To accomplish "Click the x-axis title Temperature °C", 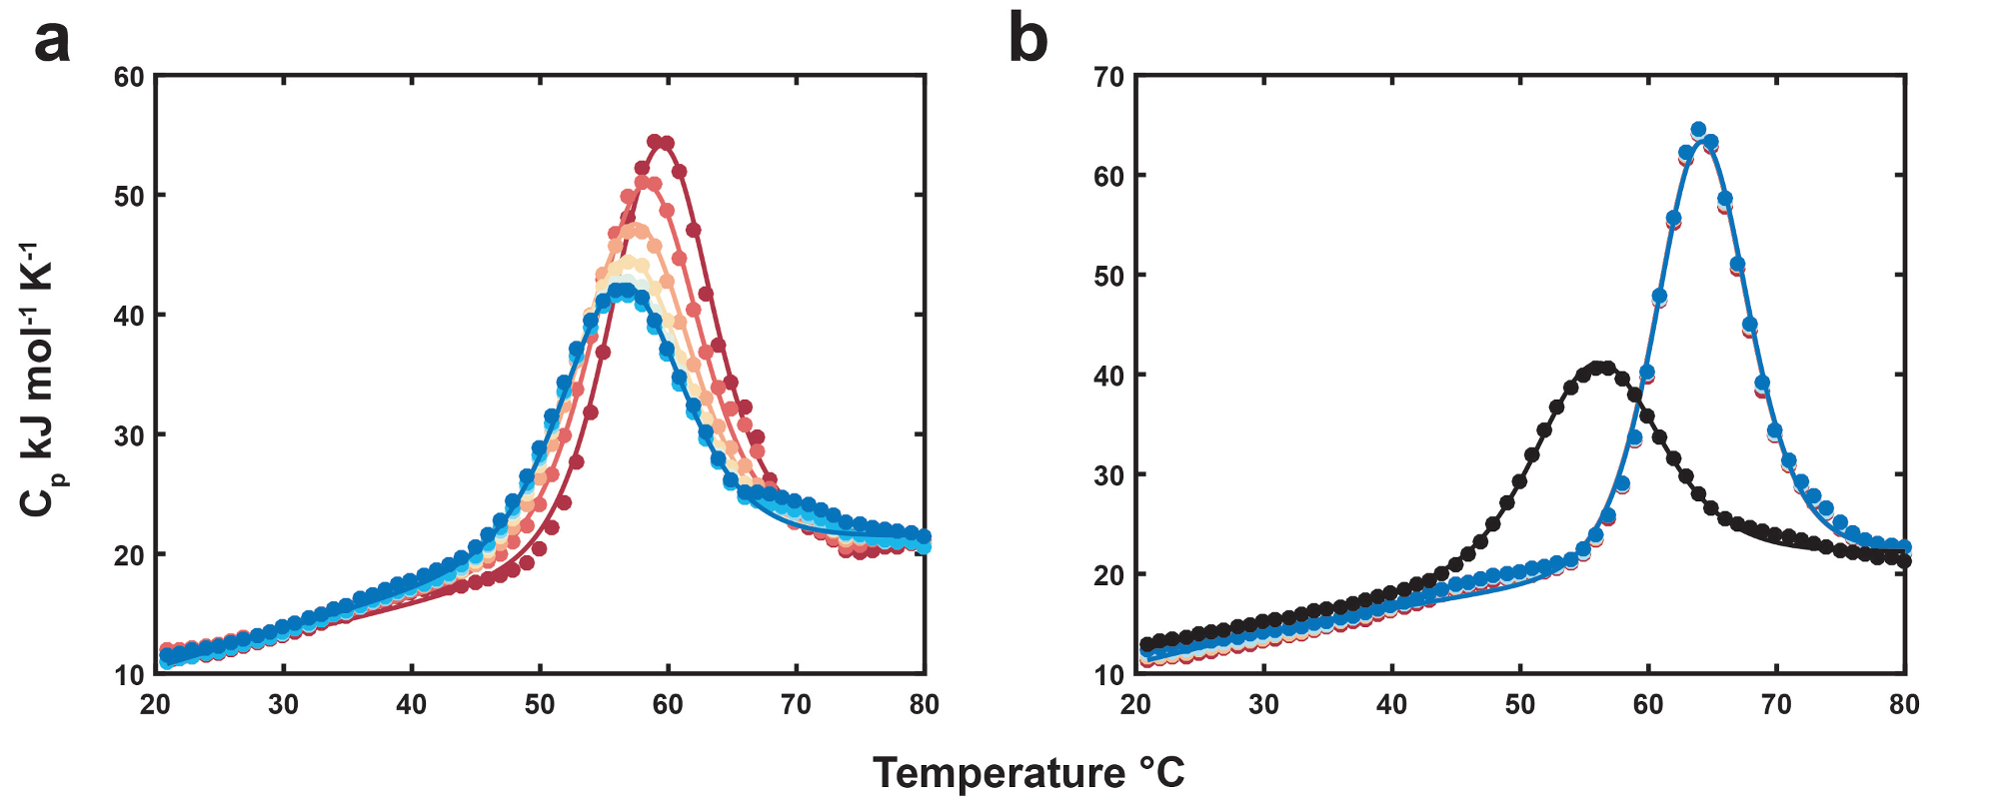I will click(x=1028, y=773).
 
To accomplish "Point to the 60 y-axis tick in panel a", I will click(x=129, y=77).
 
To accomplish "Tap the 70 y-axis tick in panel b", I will click(x=1109, y=77).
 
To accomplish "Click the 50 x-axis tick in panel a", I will click(x=540, y=705).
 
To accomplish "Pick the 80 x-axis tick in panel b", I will click(x=1905, y=705).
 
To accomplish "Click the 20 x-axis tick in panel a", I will click(x=155, y=705).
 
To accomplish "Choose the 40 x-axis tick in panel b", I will click(x=1391, y=705).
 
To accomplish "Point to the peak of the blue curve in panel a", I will click(x=622, y=291).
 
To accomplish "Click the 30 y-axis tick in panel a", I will click(x=129, y=435).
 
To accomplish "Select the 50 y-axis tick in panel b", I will click(x=1109, y=276).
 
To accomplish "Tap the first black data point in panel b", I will click(x=1146, y=645).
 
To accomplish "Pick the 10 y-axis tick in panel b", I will click(x=1109, y=674).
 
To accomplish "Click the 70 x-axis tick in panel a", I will click(x=796, y=705).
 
